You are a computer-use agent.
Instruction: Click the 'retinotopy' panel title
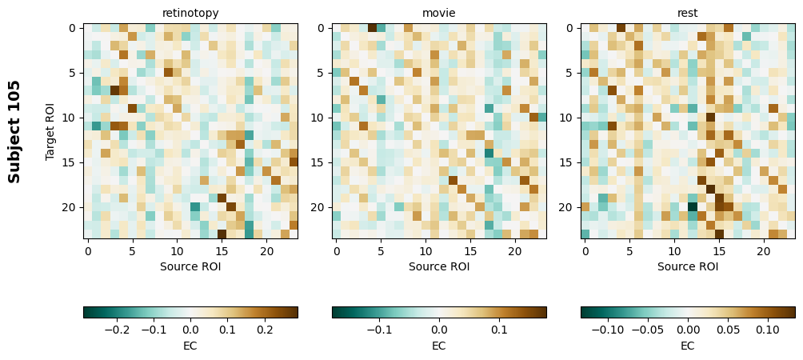pos(190,13)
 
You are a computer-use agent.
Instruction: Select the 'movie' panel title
pos(439,13)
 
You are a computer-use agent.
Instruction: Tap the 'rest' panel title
pos(687,13)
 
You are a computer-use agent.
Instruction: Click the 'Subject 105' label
pos(14,131)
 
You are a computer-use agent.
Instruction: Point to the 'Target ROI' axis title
pos(50,131)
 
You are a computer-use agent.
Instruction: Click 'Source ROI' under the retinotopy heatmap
pos(190,266)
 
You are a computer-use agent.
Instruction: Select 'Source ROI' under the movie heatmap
pos(439,266)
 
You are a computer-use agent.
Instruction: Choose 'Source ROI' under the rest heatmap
pos(687,266)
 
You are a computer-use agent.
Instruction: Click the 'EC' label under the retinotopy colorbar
pos(190,346)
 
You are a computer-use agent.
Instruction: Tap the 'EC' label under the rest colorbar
pos(687,346)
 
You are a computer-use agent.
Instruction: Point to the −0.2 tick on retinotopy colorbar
pos(117,329)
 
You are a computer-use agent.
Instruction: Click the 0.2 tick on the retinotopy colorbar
pos(264,329)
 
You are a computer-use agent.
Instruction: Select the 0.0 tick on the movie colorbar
pos(439,329)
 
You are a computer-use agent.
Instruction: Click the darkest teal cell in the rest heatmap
pos(693,206)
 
